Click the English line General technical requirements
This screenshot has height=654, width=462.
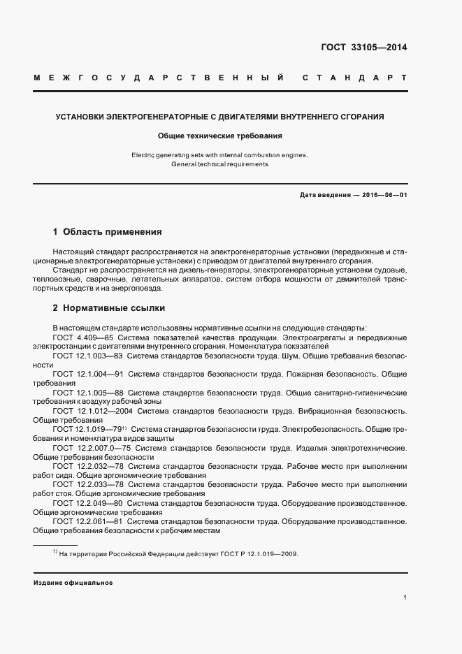[x=220, y=164]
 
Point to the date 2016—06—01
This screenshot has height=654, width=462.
[x=384, y=196]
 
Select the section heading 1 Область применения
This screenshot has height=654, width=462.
[x=108, y=231]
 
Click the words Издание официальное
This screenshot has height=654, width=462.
[x=73, y=582]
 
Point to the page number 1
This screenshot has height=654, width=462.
[x=405, y=597]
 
